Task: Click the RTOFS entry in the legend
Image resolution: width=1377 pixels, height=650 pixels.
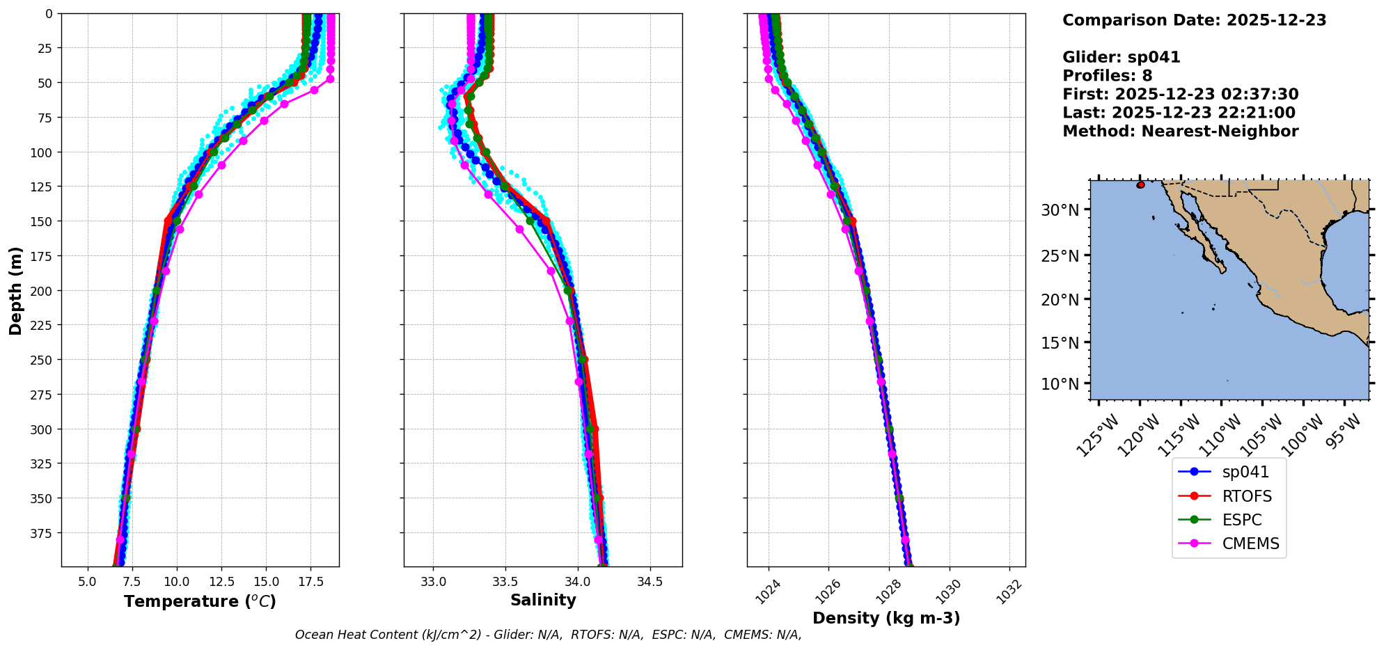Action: pos(1246,496)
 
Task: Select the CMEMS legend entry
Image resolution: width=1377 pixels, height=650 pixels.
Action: pos(1250,544)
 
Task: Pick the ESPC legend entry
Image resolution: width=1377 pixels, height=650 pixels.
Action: pos(1241,520)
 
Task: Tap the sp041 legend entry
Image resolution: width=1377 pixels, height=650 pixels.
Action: pos(1245,472)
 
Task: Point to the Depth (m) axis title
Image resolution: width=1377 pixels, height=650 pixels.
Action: pos(15,290)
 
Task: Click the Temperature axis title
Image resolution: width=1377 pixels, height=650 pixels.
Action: pos(200,601)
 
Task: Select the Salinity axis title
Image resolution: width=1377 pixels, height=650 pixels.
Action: pos(543,600)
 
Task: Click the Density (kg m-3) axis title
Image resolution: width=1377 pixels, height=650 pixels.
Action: pos(886,618)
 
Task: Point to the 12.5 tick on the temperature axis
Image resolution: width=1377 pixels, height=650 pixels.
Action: pos(221,582)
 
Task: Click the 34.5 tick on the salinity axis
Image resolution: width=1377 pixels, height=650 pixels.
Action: pos(650,582)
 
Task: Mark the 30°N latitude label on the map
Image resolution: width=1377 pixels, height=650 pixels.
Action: pos(1060,210)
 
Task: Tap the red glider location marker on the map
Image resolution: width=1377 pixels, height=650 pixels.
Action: pos(1140,185)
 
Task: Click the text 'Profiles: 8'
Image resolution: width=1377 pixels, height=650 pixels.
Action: pos(1107,76)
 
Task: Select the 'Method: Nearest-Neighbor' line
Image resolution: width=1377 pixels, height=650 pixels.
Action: pos(1180,132)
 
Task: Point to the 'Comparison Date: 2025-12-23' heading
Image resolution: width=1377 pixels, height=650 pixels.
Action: pos(1194,20)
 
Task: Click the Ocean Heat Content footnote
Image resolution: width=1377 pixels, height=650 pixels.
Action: pos(548,635)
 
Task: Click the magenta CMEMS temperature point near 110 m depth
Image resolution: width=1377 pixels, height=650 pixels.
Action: pos(221,165)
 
